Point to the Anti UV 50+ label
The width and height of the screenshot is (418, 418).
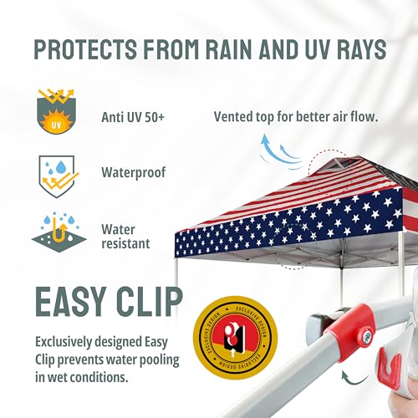click(133, 117)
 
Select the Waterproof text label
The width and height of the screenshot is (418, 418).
click(133, 173)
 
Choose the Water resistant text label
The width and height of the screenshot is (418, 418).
click(125, 236)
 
